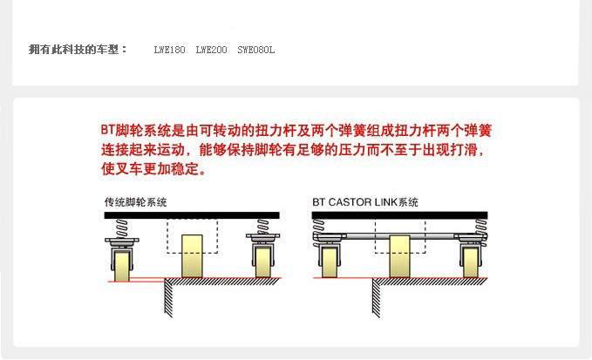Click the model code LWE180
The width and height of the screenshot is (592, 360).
[x=169, y=50]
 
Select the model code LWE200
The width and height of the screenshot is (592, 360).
[x=211, y=50]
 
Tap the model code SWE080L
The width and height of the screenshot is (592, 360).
[x=255, y=50]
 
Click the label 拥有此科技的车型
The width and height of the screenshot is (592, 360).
[x=78, y=50]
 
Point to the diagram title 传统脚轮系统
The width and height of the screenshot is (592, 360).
[x=135, y=202]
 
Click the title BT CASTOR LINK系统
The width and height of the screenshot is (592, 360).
[x=366, y=202]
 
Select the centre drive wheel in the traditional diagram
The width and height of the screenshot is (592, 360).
[x=192, y=255]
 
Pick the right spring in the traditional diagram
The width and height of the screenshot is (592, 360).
[x=262, y=227]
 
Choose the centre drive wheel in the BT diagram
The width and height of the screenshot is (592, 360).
[x=400, y=255]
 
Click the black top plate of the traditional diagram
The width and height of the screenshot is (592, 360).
[x=191, y=214]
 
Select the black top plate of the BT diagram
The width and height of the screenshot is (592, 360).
[x=400, y=214]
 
